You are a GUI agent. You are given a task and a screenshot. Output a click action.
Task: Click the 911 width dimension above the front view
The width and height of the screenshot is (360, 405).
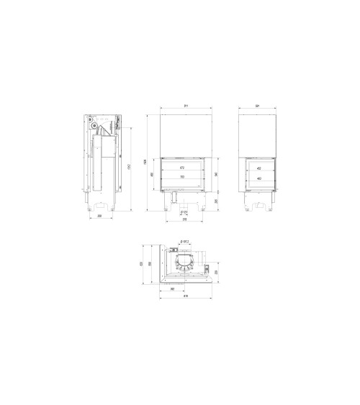click(x=186, y=106)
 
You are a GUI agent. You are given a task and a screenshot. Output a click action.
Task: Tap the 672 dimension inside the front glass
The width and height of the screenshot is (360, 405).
click(x=182, y=168)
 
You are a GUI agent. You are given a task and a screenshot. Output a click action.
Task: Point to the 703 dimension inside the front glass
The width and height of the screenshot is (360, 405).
click(x=182, y=177)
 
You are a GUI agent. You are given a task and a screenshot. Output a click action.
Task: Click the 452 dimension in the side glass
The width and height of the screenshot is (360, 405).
click(x=258, y=168)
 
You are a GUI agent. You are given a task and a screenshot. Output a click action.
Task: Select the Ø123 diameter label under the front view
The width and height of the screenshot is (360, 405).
click(x=184, y=212)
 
